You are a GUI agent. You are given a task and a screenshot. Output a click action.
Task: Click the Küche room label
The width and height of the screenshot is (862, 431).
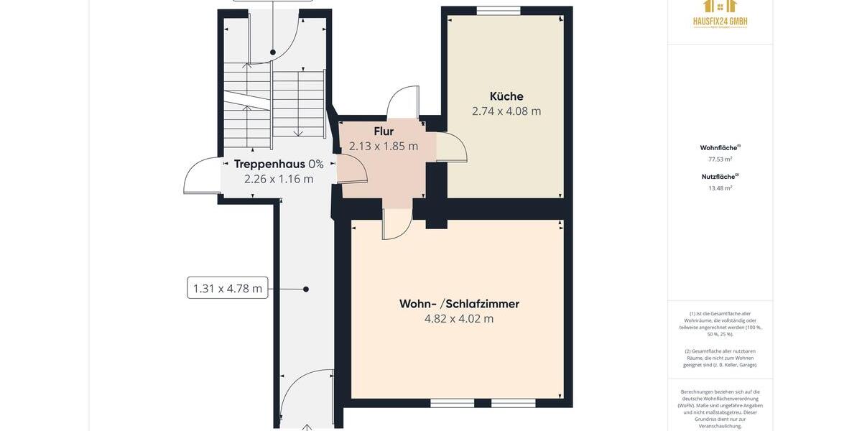506,96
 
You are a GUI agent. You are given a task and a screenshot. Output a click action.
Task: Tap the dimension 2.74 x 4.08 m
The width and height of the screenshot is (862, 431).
506,111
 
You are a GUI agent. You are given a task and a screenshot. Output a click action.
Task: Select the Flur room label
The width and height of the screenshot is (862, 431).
384,131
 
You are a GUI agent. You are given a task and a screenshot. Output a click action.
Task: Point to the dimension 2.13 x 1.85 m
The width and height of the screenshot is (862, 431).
384,147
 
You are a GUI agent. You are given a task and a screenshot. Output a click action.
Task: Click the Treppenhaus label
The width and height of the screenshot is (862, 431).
269,164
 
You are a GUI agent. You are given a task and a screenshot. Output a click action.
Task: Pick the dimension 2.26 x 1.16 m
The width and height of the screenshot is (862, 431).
279,179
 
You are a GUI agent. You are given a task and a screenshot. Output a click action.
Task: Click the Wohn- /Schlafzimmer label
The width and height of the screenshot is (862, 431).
459,304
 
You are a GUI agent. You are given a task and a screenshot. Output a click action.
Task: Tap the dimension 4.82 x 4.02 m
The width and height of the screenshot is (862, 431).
459,319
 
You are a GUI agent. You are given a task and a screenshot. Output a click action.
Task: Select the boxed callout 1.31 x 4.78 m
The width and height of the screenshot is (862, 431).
228,288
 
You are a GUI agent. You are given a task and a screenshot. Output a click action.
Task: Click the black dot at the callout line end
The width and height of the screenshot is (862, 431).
306,289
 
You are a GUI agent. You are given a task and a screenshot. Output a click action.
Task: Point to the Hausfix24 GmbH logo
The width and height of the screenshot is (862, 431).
720,14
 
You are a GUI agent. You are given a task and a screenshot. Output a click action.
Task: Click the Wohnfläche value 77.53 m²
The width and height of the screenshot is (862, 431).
720,159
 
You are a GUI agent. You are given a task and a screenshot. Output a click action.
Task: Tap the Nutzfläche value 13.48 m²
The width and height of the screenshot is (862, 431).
720,188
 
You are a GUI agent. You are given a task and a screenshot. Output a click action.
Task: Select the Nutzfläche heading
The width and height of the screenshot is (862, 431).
720,177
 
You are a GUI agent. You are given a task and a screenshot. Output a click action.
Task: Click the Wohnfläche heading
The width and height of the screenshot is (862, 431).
720,148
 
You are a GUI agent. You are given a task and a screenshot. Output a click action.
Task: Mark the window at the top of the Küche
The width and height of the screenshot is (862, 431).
499,11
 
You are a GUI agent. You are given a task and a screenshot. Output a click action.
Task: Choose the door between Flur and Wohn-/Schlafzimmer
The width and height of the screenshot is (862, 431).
397,223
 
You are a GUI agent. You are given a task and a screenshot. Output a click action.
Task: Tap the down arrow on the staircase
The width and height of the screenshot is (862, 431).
298,132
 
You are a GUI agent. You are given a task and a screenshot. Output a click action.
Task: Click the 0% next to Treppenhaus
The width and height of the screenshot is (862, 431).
316,164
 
